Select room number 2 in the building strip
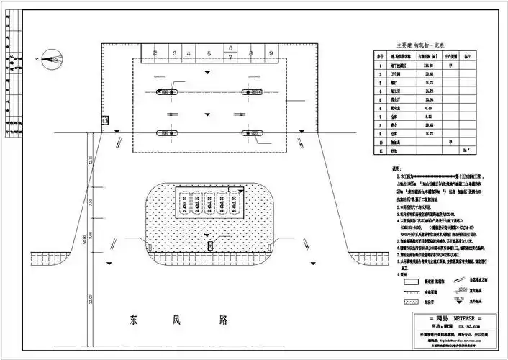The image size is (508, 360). pyautogui.click(x=154, y=53)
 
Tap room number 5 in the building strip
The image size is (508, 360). pyautogui.click(x=209, y=53)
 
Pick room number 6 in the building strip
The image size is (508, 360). pyautogui.click(x=230, y=48)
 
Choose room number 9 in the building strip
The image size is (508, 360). pyautogui.click(x=271, y=53)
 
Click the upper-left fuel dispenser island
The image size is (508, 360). pyautogui.click(x=169, y=92)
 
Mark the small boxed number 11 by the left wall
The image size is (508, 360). pyautogui.click(x=106, y=121)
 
